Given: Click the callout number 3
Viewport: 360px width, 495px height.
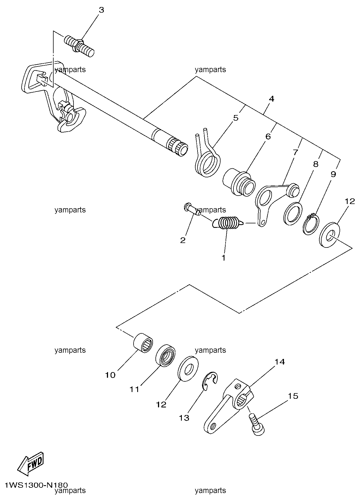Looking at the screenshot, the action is (x=101, y=10).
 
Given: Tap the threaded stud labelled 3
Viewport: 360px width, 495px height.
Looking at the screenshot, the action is (x=79, y=46).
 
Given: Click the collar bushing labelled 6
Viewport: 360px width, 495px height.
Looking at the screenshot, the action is (x=239, y=182).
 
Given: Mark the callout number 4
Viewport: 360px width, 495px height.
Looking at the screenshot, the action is (x=271, y=99).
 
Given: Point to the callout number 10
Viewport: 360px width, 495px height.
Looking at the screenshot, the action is (x=110, y=375).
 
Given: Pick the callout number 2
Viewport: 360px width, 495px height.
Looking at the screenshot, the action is (x=183, y=240).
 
